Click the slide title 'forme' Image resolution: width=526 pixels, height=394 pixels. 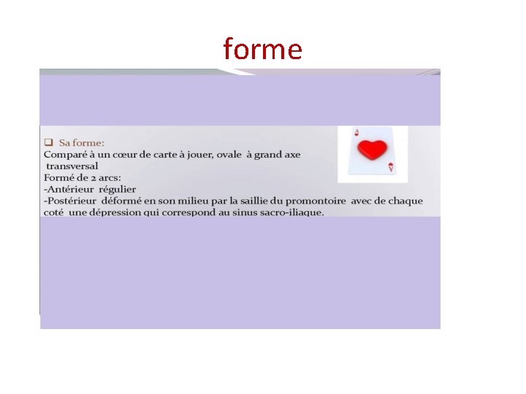click(x=262, y=49)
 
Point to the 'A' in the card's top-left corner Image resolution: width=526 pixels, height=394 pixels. click(x=356, y=133)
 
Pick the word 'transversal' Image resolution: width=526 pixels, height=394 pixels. click(x=72, y=166)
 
